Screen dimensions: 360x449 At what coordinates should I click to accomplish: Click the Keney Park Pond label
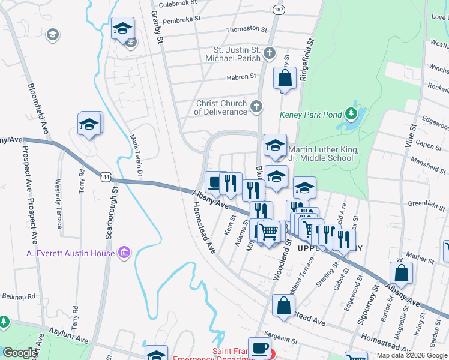coord(310,115)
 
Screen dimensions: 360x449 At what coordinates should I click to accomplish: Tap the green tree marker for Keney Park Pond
coord(351,113)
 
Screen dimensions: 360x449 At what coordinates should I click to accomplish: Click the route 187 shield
coord(279,10)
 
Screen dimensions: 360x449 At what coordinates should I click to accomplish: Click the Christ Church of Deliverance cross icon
coord(256,107)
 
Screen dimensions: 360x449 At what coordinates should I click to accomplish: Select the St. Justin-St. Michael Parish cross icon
coord(270,53)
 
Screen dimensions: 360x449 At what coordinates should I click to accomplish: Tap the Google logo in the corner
coord(19,353)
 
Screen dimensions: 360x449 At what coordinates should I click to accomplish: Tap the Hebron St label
coord(241,76)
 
